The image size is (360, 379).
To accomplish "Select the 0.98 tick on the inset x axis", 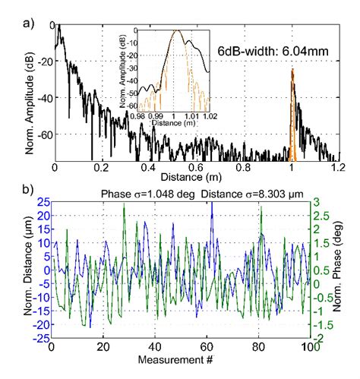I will point(138,118).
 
